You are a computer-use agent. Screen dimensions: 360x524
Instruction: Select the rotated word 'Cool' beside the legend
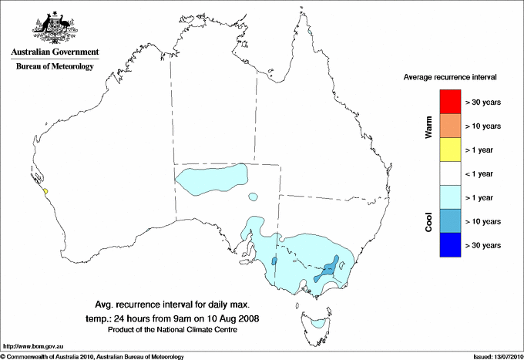click(x=428, y=221)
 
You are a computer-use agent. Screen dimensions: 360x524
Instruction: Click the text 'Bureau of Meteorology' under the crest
click(x=54, y=67)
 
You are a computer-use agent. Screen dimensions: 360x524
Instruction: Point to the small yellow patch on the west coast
click(x=46, y=190)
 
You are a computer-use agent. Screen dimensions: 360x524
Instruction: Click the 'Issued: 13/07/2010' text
click(x=495, y=356)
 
